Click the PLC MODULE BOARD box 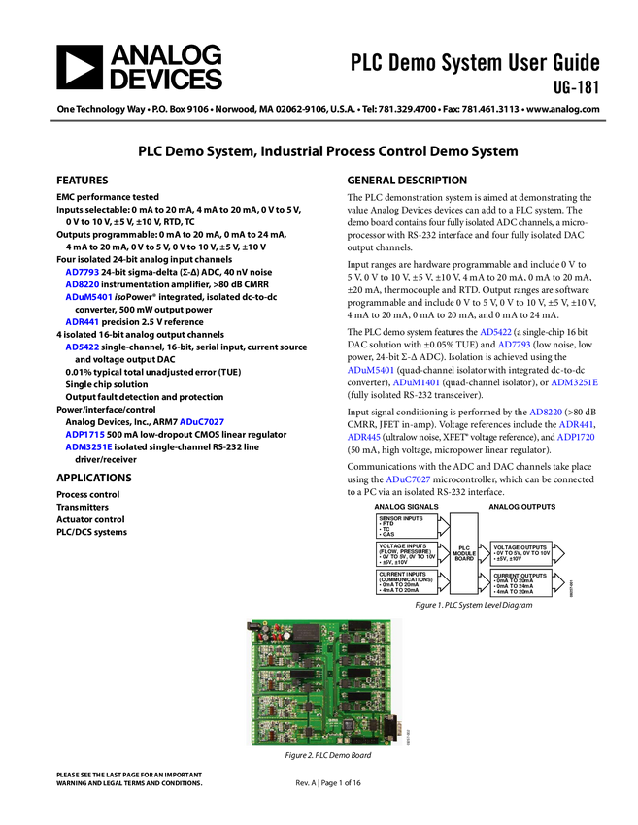click(x=464, y=553)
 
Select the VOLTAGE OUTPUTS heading click(x=520, y=546)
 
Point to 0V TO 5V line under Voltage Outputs click(x=521, y=552)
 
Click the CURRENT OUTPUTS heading click(x=520, y=576)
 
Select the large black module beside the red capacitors click(x=307, y=632)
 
